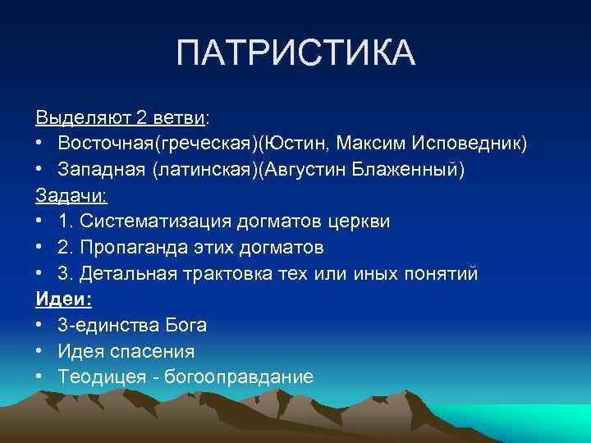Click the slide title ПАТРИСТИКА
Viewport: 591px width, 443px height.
pyautogui.click(x=295, y=55)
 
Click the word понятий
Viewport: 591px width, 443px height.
pyautogui.click(x=439, y=273)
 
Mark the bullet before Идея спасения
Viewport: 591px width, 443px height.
pyautogui.click(x=40, y=352)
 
